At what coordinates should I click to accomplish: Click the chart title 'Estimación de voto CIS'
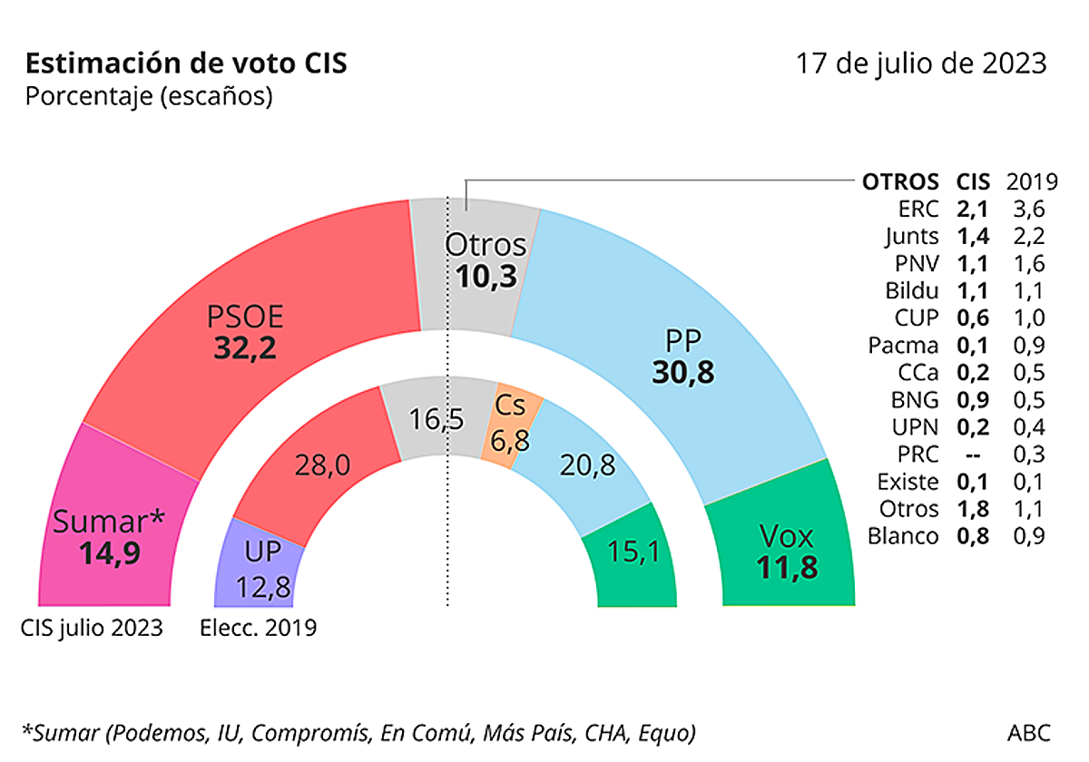[x=186, y=64]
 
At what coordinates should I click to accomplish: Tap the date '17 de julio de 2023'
[x=921, y=64]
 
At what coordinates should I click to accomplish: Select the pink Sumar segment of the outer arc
[x=109, y=535]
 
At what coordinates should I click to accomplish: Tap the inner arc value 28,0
[x=322, y=466]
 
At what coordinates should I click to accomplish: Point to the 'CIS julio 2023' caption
[x=93, y=629]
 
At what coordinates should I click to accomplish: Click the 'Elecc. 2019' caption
[x=259, y=629]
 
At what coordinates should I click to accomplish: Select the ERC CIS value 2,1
[x=972, y=210]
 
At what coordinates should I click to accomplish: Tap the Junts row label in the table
[x=912, y=237]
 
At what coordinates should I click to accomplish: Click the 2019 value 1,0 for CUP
[x=1025, y=318]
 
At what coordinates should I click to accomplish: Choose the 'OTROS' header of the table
[x=900, y=181]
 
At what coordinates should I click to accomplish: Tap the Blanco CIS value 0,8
[x=972, y=536]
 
